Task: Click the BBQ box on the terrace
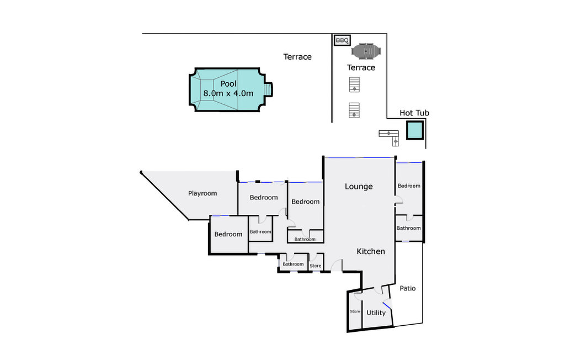pos(342,40)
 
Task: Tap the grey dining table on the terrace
pos(366,51)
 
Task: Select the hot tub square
pos(415,130)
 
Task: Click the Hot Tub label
pos(414,113)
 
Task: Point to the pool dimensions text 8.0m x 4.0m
pos(228,93)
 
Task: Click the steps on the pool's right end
pos(269,89)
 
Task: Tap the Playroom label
pos(202,193)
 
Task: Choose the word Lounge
pos(359,187)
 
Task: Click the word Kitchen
pos(371,251)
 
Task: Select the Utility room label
pos(376,313)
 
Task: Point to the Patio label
pos(408,288)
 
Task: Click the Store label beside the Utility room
pos(355,311)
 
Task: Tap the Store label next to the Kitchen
pos(315,266)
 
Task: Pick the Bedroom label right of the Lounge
pos(409,186)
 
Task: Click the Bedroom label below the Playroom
pos(228,234)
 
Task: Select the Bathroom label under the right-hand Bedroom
pos(408,228)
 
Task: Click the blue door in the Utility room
pos(387,305)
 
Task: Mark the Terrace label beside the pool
pos(297,57)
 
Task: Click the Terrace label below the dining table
pos(361,67)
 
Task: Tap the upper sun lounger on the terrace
pos(354,84)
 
